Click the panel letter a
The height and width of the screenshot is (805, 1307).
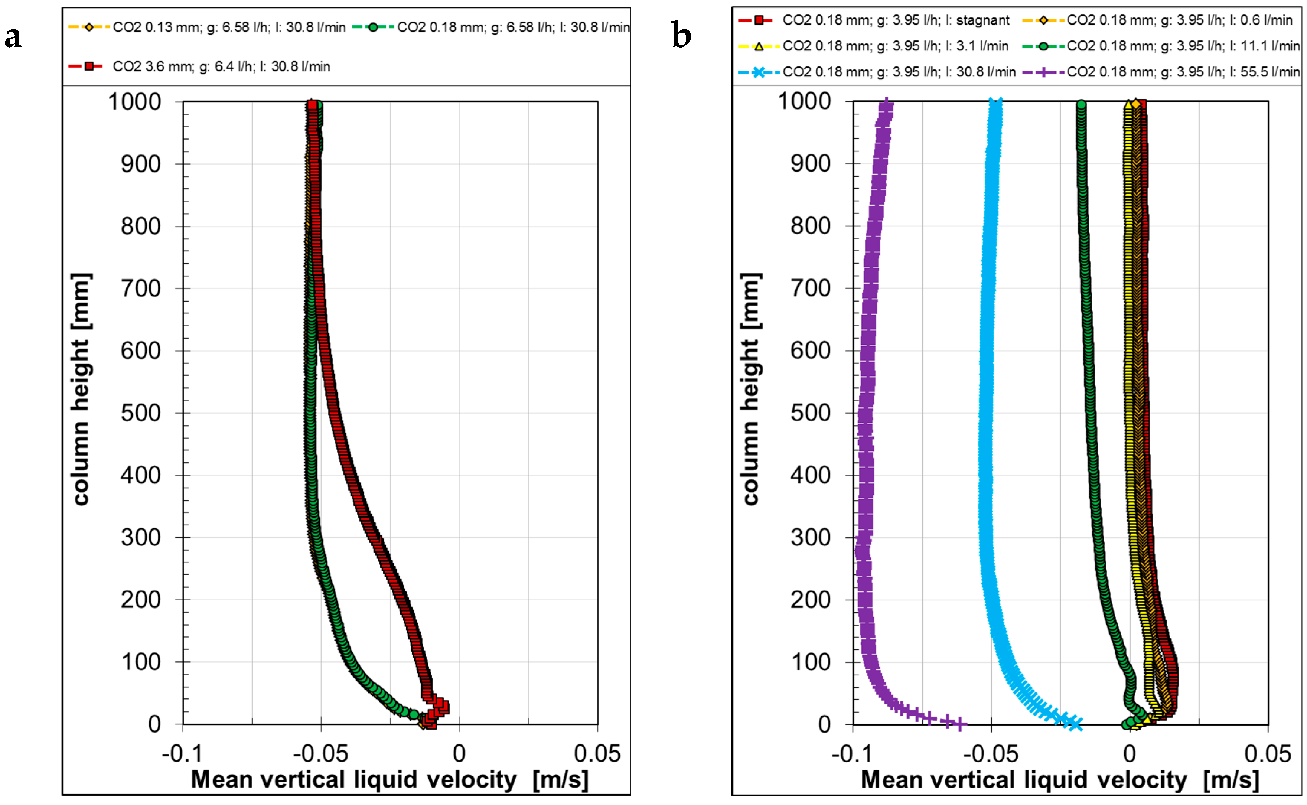tap(13, 37)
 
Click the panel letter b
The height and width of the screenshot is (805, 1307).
tap(681, 36)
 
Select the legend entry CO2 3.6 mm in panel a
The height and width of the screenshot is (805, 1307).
tap(221, 66)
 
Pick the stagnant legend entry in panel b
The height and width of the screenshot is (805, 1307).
tap(895, 20)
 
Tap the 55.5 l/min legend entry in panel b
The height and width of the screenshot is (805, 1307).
tap(1182, 72)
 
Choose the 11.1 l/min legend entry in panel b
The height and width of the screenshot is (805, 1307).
tap(1182, 46)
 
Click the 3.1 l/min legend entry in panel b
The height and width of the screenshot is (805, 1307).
tap(895, 46)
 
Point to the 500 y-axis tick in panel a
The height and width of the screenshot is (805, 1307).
tap(141, 413)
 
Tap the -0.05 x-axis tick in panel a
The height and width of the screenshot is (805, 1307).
tap(320, 754)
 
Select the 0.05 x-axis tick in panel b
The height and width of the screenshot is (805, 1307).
tap(1267, 754)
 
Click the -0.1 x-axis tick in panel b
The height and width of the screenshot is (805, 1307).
tap(852, 754)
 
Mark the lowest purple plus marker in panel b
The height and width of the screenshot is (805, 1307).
tap(959, 724)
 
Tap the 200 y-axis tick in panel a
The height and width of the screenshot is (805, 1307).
tap(141, 600)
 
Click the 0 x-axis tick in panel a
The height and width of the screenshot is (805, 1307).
tap(459, 754)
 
